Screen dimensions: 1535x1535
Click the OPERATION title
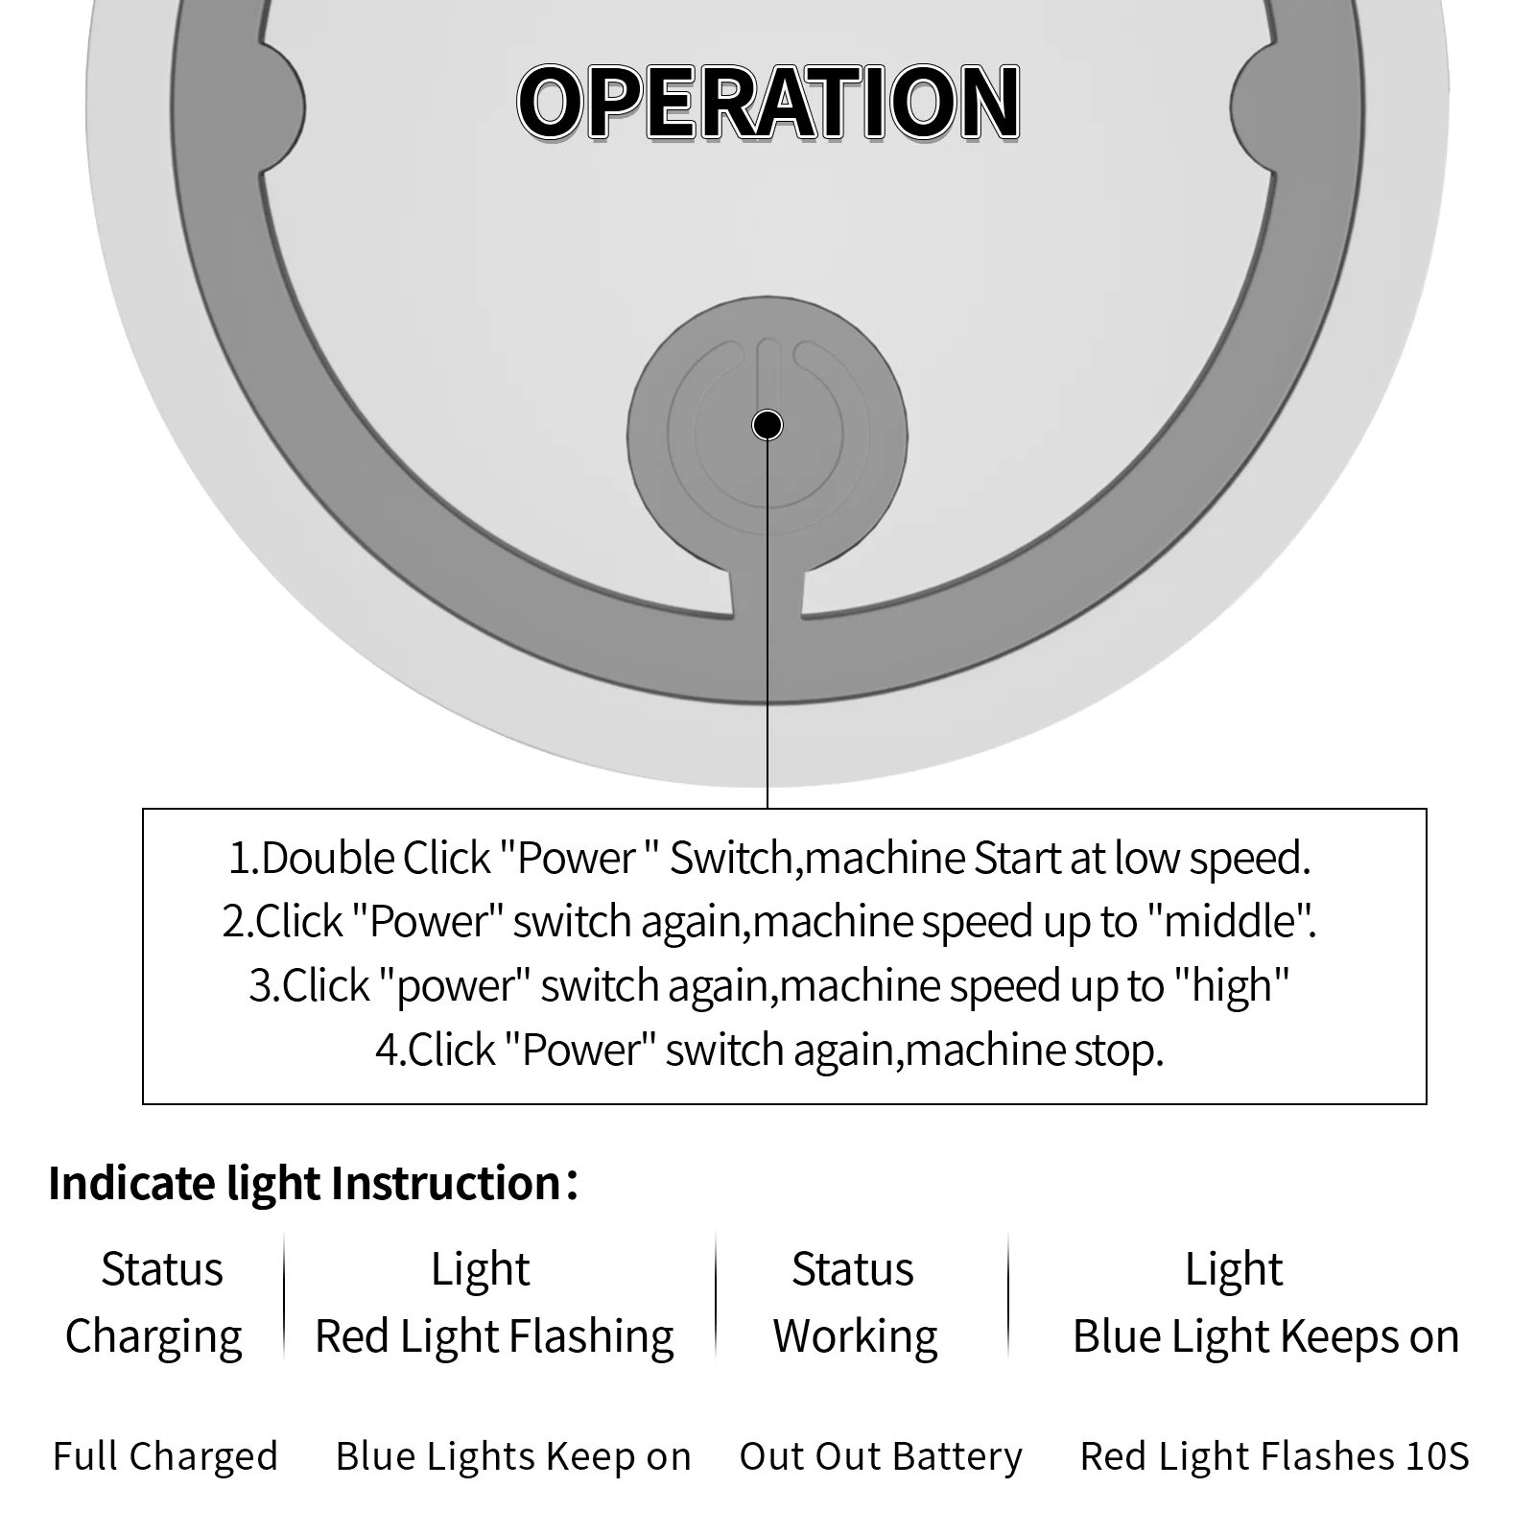click(x=767, y=102)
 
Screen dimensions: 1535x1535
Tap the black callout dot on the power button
click(x=767, y=424)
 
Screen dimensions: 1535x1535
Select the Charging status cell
click(x=153, y=1335)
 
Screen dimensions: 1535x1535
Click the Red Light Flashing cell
click(x=494, y=1335)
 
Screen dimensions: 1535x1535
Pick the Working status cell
click(x=855, y=1335)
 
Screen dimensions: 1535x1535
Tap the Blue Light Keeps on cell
click(x=1265, y=1335)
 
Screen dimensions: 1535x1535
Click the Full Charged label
click(x=165, y=1455)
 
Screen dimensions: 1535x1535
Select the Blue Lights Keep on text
click(x=513, y=1455)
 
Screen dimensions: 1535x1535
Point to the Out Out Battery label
click(x=881, y=1455)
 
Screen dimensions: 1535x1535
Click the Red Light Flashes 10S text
click(x=1274, y=1455)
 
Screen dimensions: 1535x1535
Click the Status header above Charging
click(x=162, y=1269)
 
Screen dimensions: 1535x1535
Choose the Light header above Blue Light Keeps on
click(x=1234, y=1269)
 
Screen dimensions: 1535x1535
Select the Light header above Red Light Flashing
click(x=480, y=1269)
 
